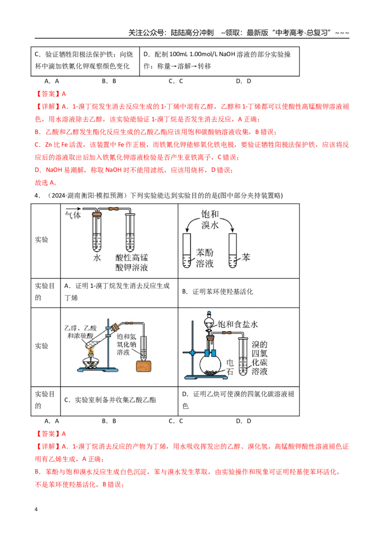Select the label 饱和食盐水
click(x=238, y=324)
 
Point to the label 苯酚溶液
click(x=204, y=258)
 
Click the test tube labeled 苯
click(x=232, y=250)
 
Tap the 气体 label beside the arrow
click(x=73, y=215)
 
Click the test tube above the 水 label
click(x=97, y=232)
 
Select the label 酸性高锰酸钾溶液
click(x=132, y=263)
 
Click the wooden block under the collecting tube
click(x=144, y=366)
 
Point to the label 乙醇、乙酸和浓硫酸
click(x=81, y=332)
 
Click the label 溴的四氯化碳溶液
click(x=260, y=358)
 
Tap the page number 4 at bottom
click(x=36, y=509)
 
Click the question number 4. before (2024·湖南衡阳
click(x=37, y=196)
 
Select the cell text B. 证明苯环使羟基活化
click(x=217, y=292)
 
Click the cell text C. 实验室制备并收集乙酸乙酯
click(x=110, y=400)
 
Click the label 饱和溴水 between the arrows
click(x=210, y=220)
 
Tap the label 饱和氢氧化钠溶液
click(x=127, y=345)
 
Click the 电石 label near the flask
click(x=230, y=368)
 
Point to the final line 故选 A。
click(x=46, y=183)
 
